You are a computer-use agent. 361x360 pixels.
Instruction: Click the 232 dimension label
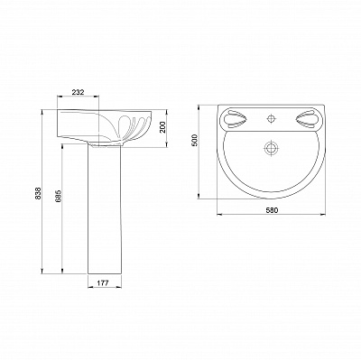coord(78,92)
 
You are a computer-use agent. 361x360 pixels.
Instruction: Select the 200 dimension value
coord(162,128)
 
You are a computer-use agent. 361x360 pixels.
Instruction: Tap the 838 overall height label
coord(38,193)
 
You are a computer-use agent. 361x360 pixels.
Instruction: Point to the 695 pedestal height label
coord(59,195)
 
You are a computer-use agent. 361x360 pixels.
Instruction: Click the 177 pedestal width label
coord(103,282)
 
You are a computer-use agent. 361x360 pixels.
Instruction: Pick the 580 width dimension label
coord(272,210)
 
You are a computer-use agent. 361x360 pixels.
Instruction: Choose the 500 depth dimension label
coord(194,140)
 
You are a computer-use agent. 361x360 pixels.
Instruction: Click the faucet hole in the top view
coord(272,117)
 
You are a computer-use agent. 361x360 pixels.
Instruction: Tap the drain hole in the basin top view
coord(272,148)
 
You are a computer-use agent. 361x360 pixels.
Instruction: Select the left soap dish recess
coord(237,118)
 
